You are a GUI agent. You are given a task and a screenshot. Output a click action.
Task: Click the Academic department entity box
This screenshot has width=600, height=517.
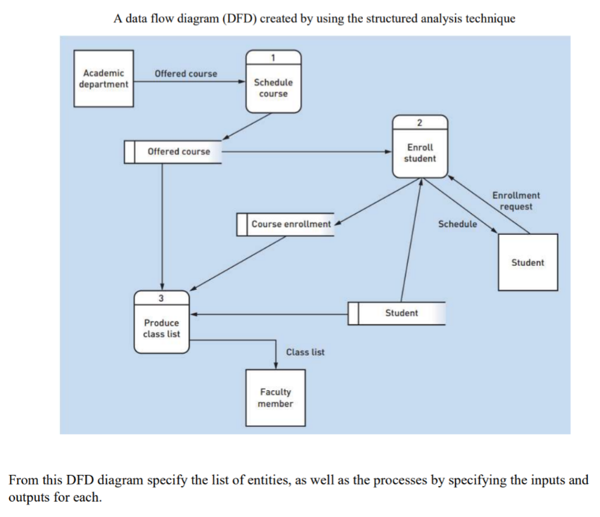click(103, 78)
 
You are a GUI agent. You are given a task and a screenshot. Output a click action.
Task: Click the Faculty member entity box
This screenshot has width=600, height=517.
click(275, 397)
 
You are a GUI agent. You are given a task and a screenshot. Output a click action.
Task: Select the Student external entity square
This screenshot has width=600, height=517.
click(528, 262)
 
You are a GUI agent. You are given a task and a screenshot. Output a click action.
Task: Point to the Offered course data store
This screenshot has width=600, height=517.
click(173, 152)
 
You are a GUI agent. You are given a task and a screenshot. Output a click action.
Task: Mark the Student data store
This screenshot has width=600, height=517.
click(397, 313)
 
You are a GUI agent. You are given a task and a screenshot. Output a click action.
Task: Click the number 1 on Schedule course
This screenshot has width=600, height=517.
click(274, 56)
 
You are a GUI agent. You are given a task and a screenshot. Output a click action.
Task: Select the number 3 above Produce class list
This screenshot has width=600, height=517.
click(162, 298)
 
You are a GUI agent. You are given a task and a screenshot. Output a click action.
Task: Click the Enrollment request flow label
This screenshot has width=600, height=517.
click(516, 200)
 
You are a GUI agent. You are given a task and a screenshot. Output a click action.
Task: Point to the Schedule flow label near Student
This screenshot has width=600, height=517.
click(457, 224)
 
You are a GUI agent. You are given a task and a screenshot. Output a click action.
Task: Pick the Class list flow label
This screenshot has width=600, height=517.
click(305, 352)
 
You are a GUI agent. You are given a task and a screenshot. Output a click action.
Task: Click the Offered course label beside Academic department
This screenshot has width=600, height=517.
click(186, 73)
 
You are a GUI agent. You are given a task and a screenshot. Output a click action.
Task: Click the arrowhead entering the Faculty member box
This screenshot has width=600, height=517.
click(275, 364)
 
